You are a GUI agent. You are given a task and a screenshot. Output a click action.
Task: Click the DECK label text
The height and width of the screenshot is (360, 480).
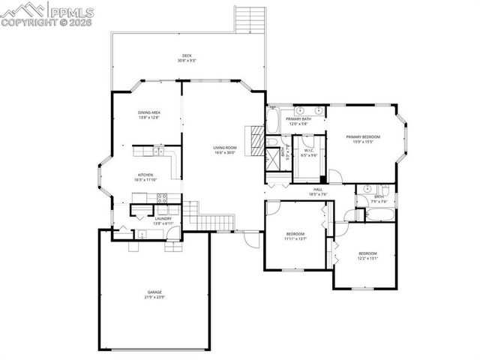click(186, 55)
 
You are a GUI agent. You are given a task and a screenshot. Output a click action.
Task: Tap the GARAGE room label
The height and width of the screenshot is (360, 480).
click(154, 292)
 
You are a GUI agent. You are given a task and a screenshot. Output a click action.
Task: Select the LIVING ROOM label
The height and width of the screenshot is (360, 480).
click(224, 148)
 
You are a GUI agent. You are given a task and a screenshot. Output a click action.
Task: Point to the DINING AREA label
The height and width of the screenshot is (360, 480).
click(148, 112)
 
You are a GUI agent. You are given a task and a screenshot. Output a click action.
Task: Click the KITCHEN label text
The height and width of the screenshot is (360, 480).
click(145, 175)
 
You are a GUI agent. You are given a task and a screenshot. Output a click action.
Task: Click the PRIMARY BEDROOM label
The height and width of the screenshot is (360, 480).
click(363, 136)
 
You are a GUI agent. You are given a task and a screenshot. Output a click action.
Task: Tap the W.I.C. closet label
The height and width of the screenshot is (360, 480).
click(309, 151)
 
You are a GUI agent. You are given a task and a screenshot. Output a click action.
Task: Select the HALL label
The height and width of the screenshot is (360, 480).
click(318, 189)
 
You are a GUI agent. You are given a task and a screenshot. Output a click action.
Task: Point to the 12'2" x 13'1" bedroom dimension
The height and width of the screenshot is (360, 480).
click(367, 258)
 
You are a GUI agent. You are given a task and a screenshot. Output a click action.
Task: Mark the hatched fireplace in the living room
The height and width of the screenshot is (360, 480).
click(258, 138)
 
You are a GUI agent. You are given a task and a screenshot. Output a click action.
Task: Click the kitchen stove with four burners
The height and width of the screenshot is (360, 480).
click(159, 199)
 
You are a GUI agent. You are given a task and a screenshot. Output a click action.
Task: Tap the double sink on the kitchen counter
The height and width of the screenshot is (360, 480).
click(158, 152)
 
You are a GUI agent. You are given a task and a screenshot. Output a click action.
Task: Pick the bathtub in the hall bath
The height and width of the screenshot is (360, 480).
click(377, 214)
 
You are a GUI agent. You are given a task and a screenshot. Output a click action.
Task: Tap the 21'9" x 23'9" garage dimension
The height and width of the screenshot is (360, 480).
click(154, 297)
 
